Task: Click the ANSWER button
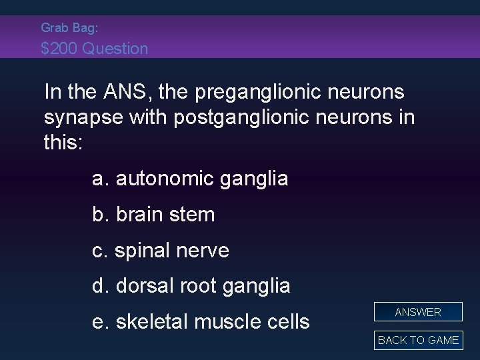coord(418,312)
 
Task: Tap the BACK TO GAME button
coord(418,340)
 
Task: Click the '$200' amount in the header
coord(59,49)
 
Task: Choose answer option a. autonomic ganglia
coord(190,179)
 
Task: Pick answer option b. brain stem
coord(153,215)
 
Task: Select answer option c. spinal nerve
coord(161,251)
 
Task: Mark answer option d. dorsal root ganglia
coord(191,286)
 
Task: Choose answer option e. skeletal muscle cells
coord(201,322)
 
